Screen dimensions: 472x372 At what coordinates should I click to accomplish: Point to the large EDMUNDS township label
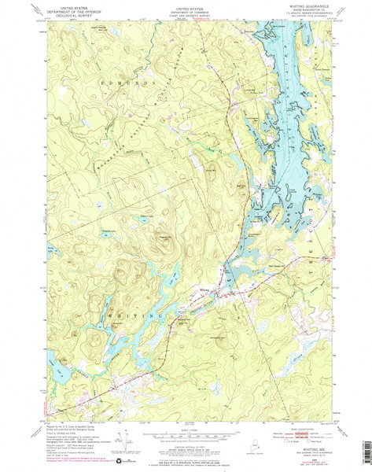click(x=126, y=82)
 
